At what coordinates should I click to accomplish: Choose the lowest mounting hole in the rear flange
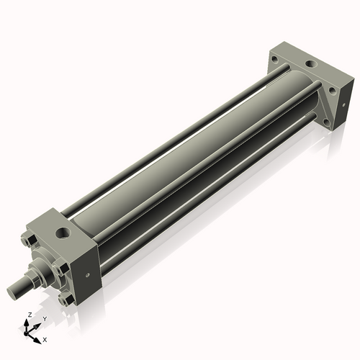pos(328,122)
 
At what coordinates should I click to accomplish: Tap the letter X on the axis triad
pos(45,338)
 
